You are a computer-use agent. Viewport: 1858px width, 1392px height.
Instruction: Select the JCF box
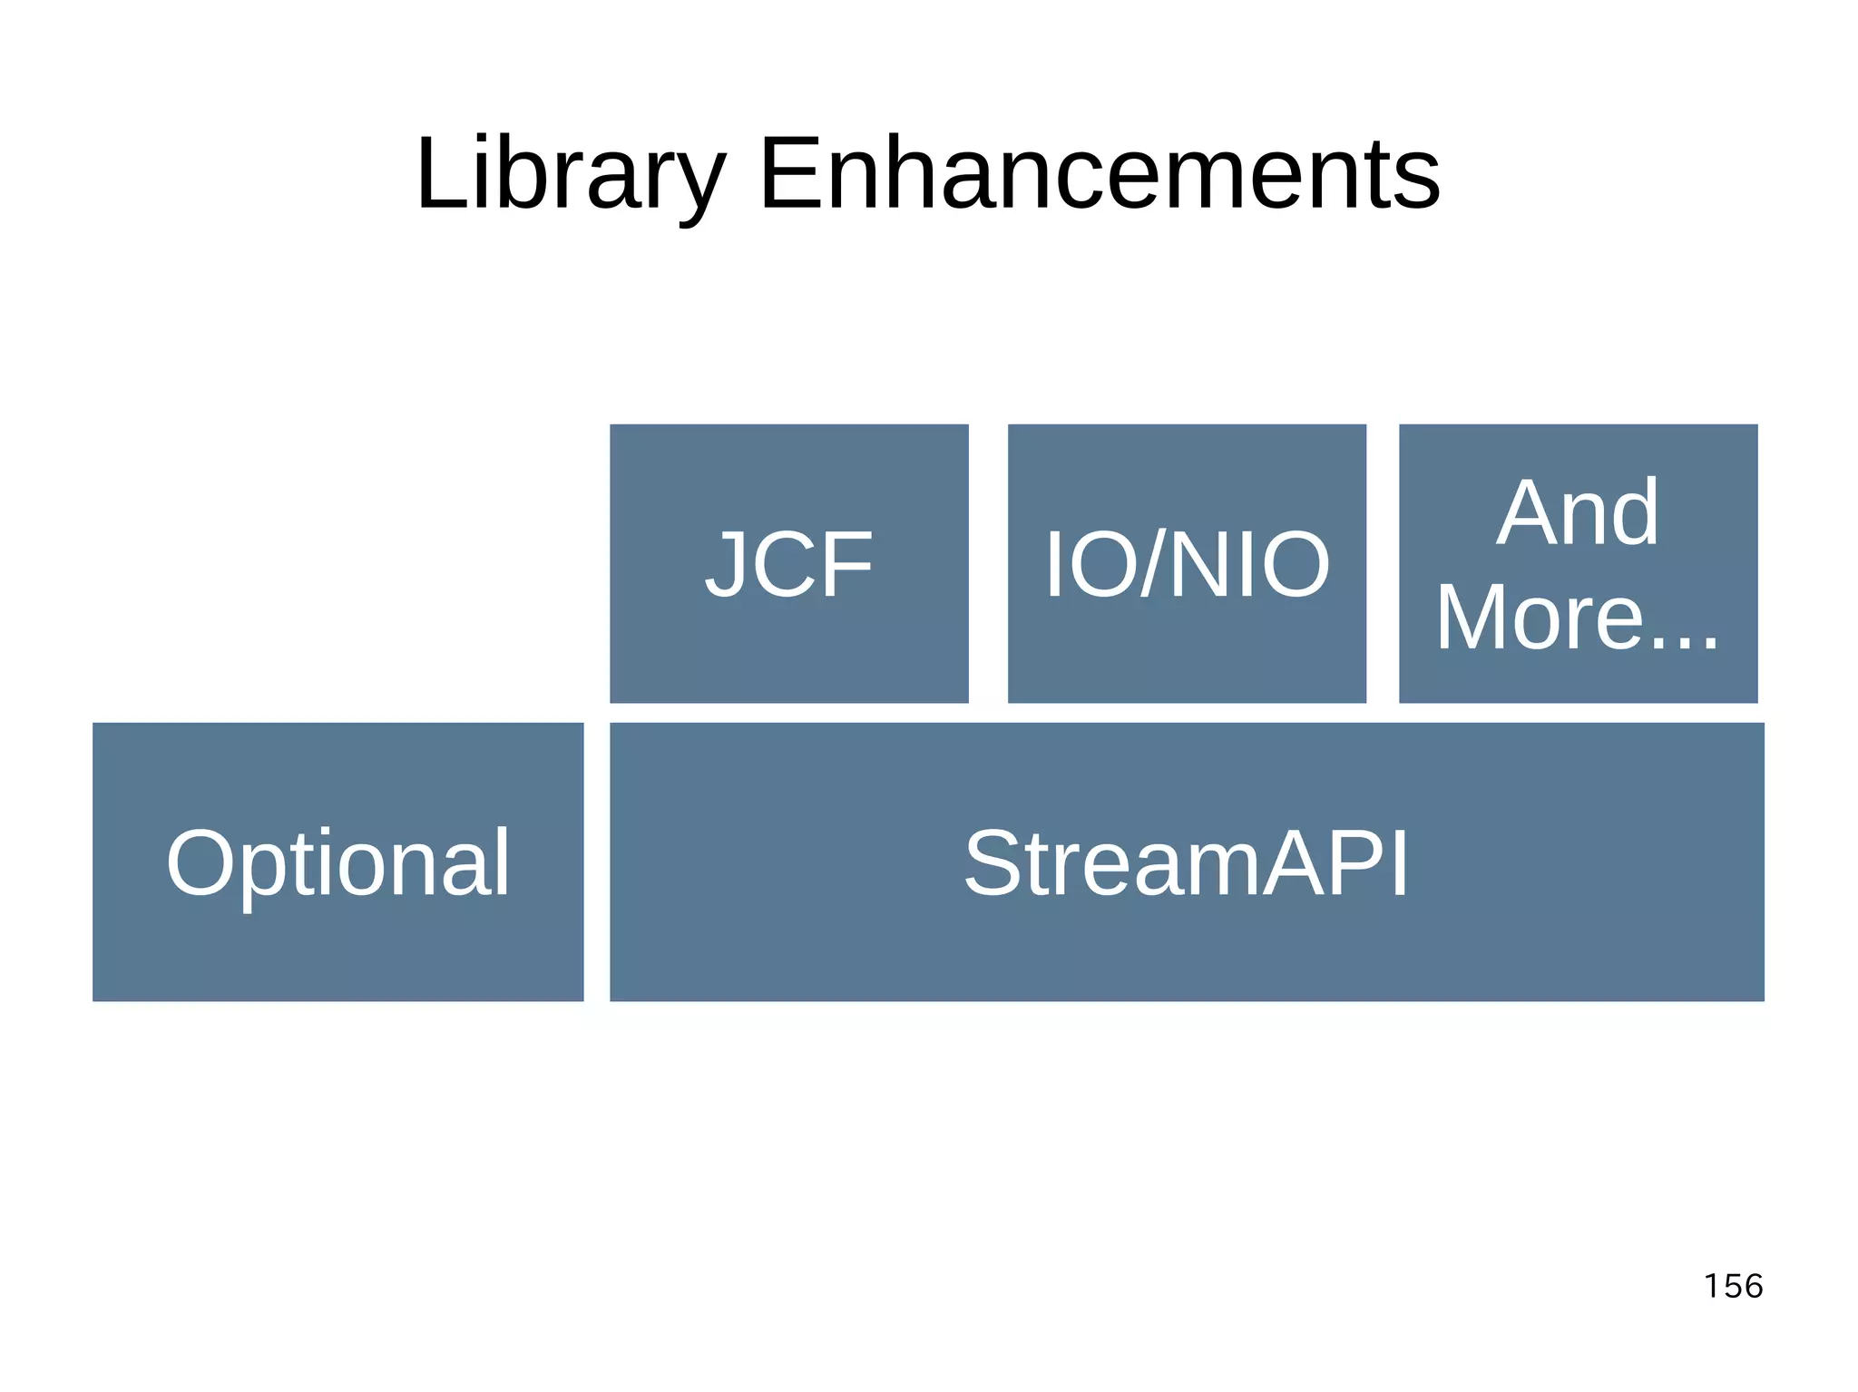coord(788,563)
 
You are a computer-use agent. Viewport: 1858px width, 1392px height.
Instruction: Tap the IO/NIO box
coord(1187,563)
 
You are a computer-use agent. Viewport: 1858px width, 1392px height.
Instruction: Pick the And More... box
coord(1578,563)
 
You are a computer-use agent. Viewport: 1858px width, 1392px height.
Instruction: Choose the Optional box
coord(337,861)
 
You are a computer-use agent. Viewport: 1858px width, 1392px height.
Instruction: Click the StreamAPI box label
coord(1186,863)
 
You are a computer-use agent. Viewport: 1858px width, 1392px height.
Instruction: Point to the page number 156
coord(1733,1286)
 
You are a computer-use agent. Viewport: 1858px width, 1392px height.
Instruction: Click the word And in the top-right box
coord(1578,513)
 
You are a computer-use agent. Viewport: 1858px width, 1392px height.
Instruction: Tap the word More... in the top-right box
coord(1578,618)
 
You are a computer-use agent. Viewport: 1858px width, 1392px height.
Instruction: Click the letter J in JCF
coord(726,564)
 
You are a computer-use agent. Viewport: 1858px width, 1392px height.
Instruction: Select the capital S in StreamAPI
coord(993,863)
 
